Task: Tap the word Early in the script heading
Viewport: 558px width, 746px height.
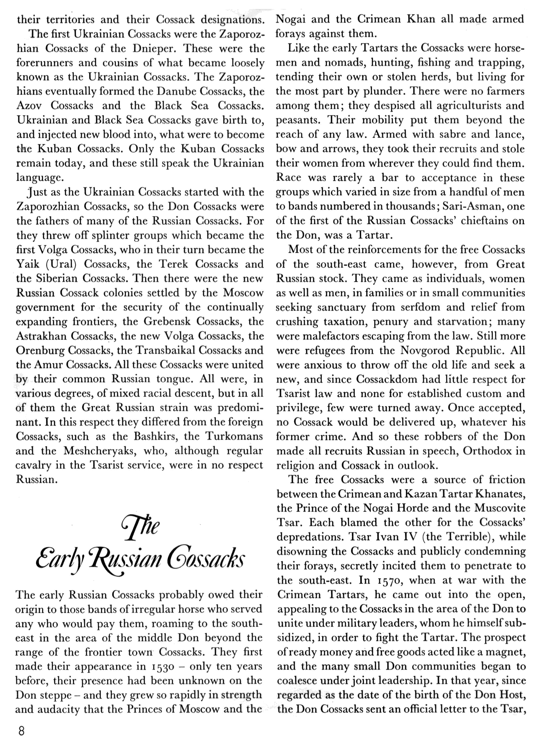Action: point(59,559)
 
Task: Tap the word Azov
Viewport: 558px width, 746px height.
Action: point(29,106)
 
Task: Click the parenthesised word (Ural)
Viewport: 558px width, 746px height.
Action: point(62,264)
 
